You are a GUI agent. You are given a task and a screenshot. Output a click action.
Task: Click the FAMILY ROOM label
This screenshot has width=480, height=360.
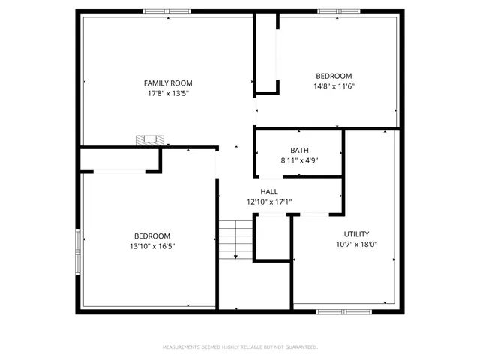[x=168, y=82]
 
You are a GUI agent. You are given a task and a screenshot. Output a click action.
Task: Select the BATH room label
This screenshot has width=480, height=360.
[x=299, y=150]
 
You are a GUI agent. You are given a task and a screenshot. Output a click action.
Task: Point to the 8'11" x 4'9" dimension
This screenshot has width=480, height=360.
[x=299, y=160]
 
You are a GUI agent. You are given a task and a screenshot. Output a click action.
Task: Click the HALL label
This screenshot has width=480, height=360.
[x=269, y=192]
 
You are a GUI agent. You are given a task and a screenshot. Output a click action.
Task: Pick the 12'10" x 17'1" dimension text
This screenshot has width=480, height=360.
[x=269, y=202]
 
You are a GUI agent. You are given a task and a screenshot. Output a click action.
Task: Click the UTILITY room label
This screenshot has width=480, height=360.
[x=356, y=234]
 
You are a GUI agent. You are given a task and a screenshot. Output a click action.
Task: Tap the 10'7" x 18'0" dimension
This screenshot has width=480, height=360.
[x=356, y=244]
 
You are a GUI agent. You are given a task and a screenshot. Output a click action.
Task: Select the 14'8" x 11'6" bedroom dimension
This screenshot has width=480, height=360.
[x=334, y=86]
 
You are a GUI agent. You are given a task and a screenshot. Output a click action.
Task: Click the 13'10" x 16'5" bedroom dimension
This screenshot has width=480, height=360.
[x=152, y=246]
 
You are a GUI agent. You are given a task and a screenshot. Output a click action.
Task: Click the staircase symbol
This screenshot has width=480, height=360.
[x=235, y=239]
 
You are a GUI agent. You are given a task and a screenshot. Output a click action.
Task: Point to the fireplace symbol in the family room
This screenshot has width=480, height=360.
[x=149, y=140]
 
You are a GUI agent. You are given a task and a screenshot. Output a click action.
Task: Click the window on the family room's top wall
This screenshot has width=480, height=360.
[x=166, y=11]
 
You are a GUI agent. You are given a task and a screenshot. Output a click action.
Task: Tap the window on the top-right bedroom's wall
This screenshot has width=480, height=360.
[x=339, y=11]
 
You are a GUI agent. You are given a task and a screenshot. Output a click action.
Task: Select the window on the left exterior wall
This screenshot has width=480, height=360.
[x=78, y=251]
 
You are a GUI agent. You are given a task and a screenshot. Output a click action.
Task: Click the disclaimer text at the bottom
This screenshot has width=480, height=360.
[x=240, y=347]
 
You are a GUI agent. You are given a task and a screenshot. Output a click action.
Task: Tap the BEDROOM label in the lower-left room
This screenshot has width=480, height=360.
[x=152, y=235]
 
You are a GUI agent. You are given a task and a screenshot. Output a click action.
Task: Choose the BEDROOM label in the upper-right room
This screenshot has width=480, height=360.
[x=334, y=76]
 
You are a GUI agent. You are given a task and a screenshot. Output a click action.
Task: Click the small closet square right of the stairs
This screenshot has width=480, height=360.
[x=271, y=238]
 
